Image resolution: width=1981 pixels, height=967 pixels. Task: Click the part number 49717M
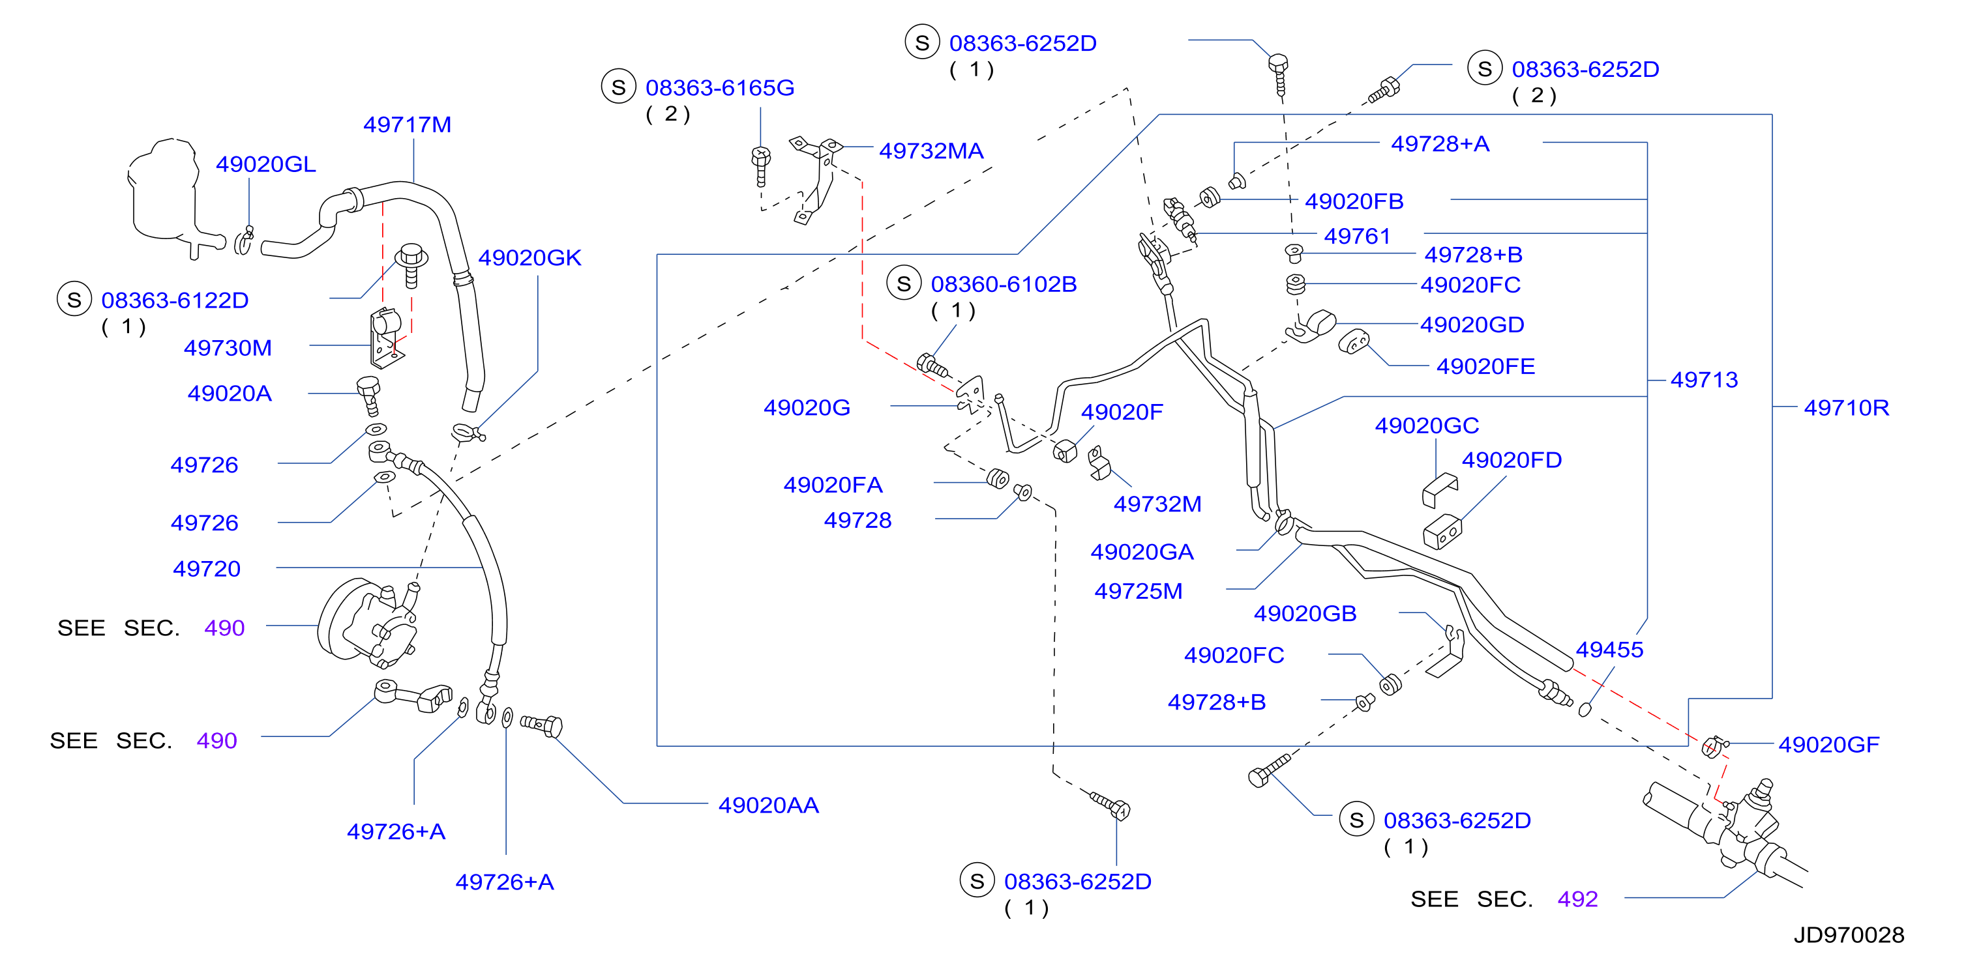click(x=407, y=124)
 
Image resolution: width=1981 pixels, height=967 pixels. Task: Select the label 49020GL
click(x=265, y=164)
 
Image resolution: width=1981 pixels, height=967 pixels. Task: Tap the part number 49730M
click(x=228, y=348)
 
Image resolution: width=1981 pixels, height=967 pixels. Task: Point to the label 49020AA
click(x=768, y=805)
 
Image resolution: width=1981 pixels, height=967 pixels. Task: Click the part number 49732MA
click(x=931, y=151)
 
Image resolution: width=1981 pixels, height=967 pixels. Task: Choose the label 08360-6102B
click(x=1004, y=284)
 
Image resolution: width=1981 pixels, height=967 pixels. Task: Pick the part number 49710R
click(x=1847, y=407)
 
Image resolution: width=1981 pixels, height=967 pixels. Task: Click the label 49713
click(x=1704, y=380)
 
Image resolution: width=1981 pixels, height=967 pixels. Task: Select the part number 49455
click(x=1609, y=650)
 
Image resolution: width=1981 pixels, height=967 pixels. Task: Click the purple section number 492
click(x=1577, y=899)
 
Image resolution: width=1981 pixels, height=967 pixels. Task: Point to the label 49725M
click(x=1138, y=591)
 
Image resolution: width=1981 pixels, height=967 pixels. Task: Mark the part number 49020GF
click(x=1828, y=744)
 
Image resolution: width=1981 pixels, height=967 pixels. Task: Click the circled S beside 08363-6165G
click(x=618, y=87)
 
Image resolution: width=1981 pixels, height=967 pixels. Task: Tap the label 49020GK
click(x=530, y=257)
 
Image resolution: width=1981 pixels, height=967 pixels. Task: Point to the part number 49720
click(x=207, y=569)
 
